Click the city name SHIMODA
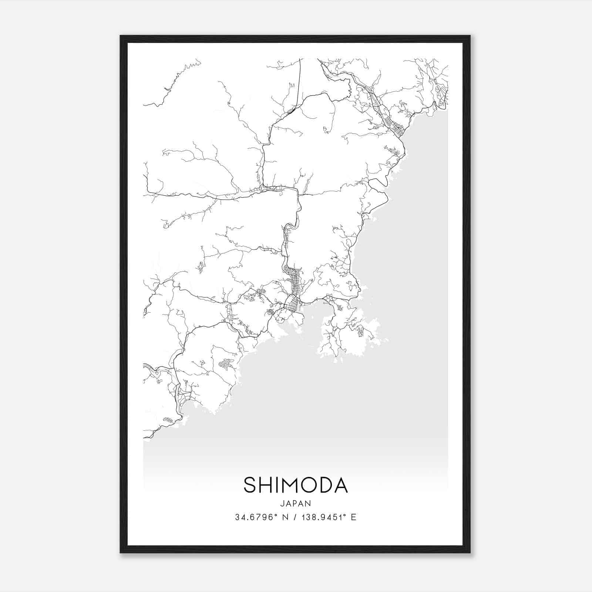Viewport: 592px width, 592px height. (296, 485)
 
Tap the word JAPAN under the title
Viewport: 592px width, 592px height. (296, 504)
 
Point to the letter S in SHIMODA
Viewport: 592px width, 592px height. (250, 485)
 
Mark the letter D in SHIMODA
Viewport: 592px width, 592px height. (325, 485)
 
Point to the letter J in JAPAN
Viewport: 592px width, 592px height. (282, 504)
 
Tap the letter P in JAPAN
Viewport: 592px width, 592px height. (296, 504)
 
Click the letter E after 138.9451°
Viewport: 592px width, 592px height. (354, 517)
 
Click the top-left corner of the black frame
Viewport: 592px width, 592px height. (121, 36)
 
